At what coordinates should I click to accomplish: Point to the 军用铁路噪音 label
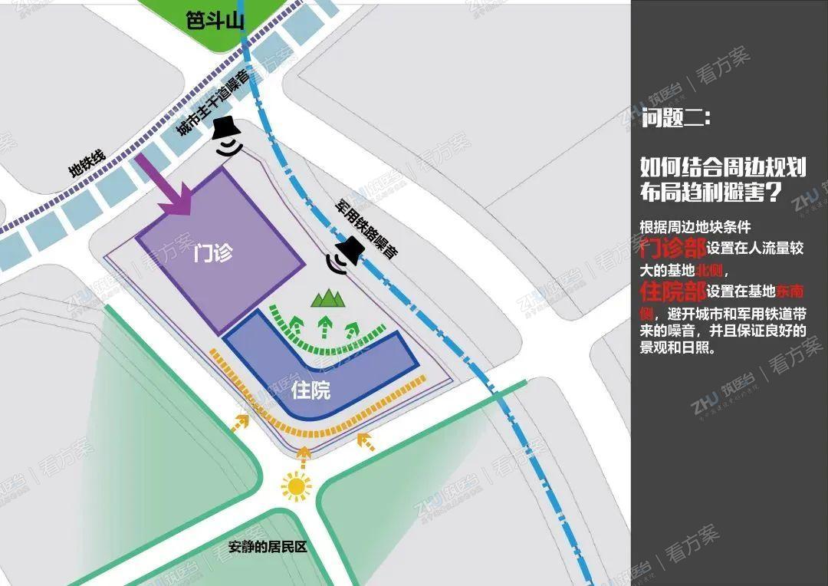[366, 229]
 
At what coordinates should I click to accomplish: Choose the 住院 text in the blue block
[311, 390]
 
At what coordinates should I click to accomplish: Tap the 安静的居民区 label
[267, 548]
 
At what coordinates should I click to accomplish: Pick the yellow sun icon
[297, 486]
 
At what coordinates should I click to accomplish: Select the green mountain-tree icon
[326, 298]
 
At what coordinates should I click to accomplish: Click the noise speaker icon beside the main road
[227, 137]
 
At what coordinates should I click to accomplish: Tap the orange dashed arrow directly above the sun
[304, 456]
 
